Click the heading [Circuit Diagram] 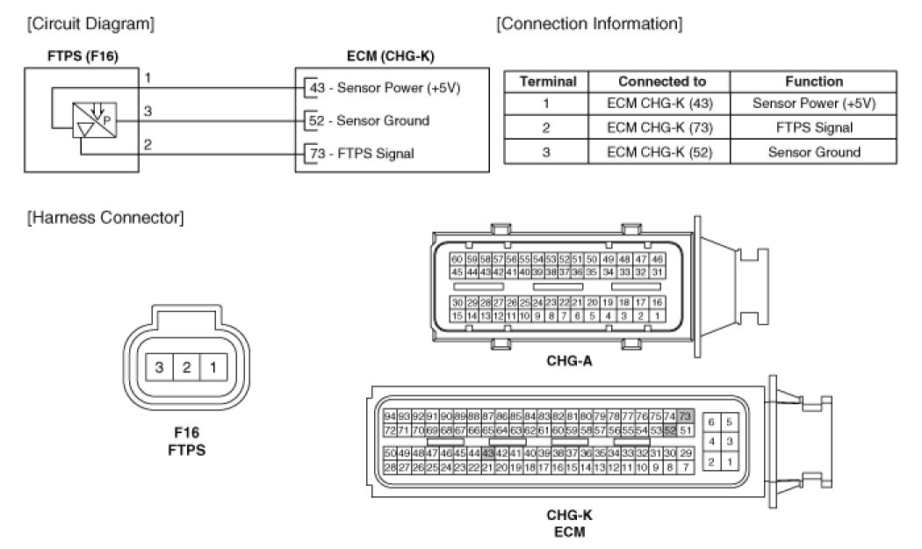click(x=91, y=24)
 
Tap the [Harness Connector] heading click(x=105, y=217)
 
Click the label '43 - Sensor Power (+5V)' click(x=384, y=88)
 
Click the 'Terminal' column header click(x=548, y=82)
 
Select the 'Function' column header click(x=813, y=82)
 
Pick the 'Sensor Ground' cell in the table click(x=813, y=151)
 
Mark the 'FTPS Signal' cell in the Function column click(x=813, y=127)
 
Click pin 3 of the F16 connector click(x=160, y=368)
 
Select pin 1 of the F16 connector click(x=212, y=368)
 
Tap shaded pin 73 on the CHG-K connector click(x=685, y=415)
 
